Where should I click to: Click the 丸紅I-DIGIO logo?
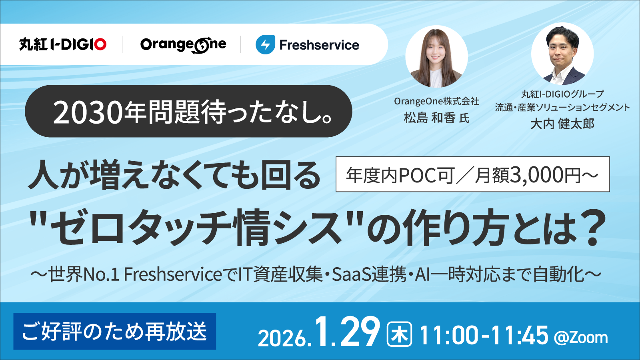pyautogui.click(x=63, y=44)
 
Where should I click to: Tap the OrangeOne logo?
pyautogui.click(x=183, y=45)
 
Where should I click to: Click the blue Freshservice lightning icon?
pyautogui.click(x=265, y=44)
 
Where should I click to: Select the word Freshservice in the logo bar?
pyautogui.click(x=319, y=45)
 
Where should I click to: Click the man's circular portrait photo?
pyautogui.click(x=562, y=54)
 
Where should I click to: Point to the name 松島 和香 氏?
pyautogui.click(x=436, y=118)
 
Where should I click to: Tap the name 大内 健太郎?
pyautogui.click(x=562, y=124)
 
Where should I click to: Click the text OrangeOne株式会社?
pyautogui.click(x=436, y=101)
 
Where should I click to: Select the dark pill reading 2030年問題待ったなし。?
pyautogui.click(x=188, y=111)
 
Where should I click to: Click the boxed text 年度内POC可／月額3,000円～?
pyautogui.click(x=472, y=174)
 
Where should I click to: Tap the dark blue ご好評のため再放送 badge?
pyautogui.click(x=115, y=331)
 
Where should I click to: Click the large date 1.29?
pyautogui.click(x=347, y=332)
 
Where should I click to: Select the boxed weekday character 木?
pyautogui.click(x=399, y=334)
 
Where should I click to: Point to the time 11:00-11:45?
pyautogui.click(x=484, y=335)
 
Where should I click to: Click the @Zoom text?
pyautogui.click(x=581, y=338)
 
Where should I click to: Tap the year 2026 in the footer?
pyautogui.click(x=282, y=338)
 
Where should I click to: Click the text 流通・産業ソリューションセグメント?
pyautogui.click(x=562, y=107)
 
